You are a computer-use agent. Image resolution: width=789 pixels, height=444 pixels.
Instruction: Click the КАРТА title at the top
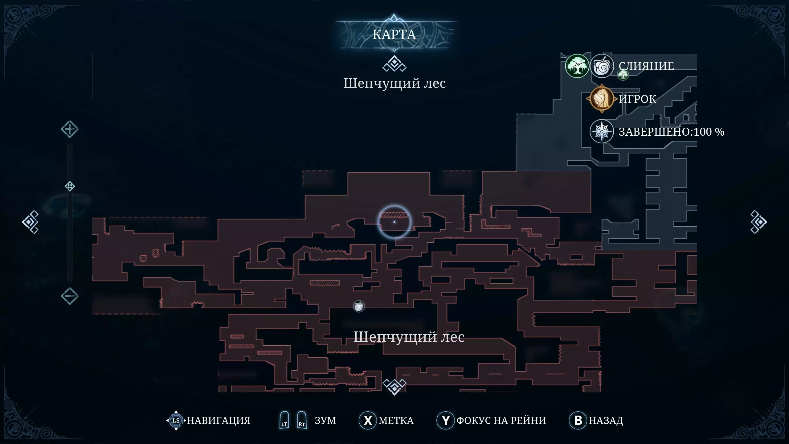[394, 35]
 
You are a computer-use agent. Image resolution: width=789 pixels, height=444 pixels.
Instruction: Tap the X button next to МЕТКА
[368, 420]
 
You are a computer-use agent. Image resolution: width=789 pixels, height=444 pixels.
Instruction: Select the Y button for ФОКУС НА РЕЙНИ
[445, 420]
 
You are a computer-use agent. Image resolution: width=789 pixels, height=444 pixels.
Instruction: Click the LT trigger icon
[284, 420]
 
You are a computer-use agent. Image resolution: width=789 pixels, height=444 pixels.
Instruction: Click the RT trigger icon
[302, 420]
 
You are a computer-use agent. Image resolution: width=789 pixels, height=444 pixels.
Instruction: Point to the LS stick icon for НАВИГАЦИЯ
[176, 420]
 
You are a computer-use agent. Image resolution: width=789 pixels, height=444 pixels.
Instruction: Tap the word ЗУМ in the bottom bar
[325, 420]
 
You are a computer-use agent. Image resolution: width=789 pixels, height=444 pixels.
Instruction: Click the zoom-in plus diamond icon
[70, 129]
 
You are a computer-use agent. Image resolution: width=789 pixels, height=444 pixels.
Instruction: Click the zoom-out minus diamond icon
[70, 296]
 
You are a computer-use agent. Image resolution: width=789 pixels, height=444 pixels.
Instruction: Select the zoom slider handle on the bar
[70, 186]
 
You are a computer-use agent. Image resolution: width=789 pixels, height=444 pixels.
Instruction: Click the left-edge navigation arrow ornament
[31, 222]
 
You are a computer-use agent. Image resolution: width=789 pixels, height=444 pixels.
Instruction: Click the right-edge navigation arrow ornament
[758, 222]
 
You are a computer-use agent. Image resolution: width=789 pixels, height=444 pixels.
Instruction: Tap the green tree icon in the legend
[577, 66]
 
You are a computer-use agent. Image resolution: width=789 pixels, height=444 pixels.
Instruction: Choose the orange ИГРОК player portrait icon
[601, 99]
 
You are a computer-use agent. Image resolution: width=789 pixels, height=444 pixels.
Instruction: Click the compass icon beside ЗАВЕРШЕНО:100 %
[602, 132]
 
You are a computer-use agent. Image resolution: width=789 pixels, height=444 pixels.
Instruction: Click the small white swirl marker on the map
[359, 306]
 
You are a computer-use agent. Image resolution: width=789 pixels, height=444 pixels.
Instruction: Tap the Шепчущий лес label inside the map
[409, 337]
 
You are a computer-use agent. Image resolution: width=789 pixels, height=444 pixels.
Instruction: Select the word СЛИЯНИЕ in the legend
[646, 66]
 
